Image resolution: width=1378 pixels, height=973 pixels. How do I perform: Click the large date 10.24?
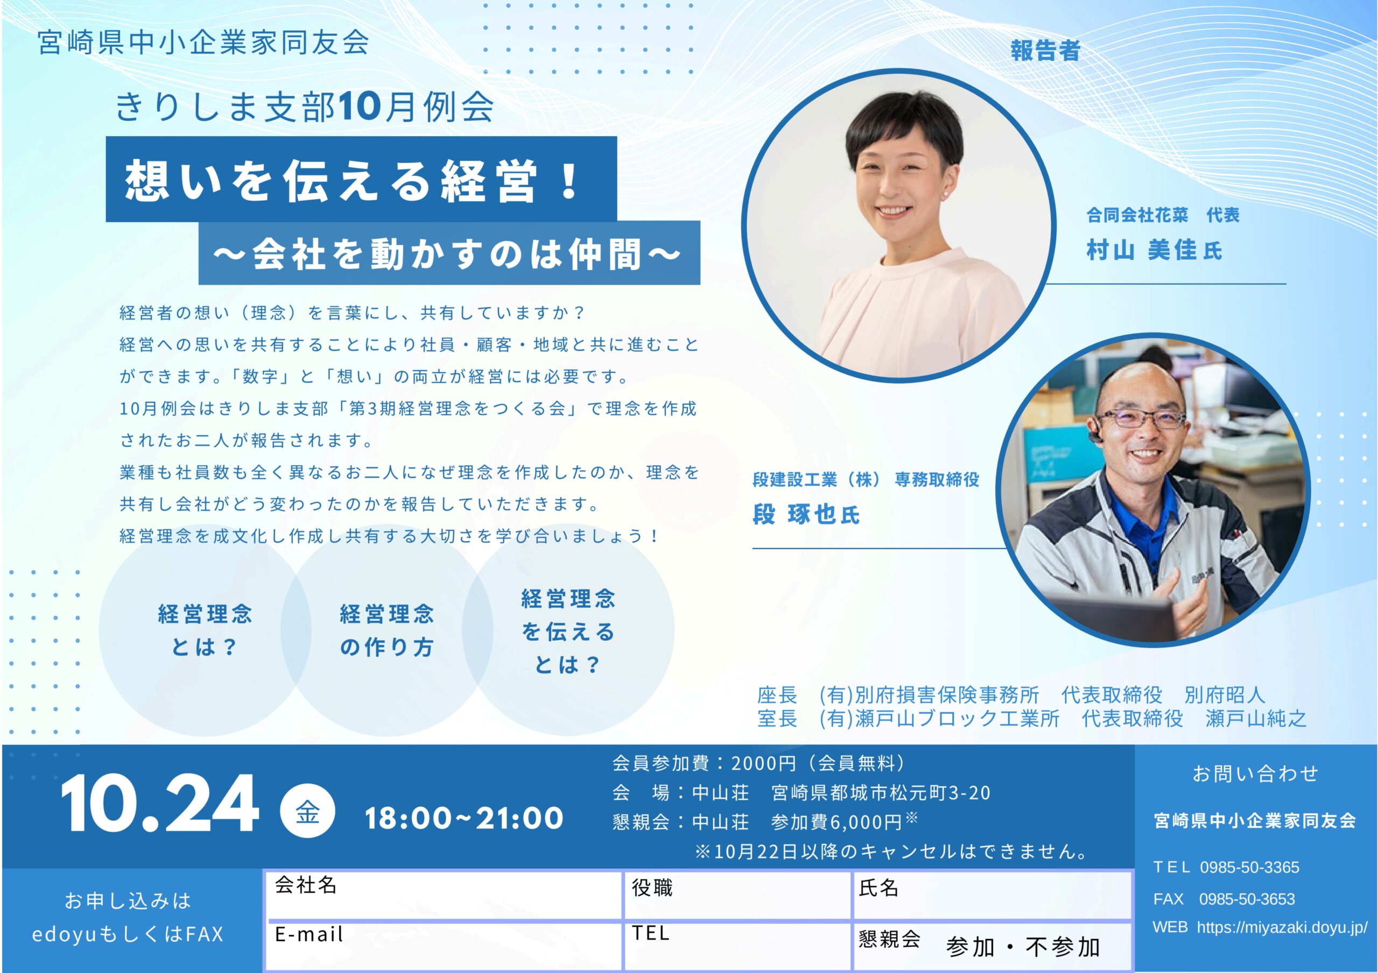(x=160, y=804)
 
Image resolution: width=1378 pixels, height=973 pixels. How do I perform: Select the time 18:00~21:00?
(x=464, y=818)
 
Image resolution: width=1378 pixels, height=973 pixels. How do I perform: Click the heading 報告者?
(x=1045, y=51)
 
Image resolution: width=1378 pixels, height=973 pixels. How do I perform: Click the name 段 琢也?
(x=795, y=515)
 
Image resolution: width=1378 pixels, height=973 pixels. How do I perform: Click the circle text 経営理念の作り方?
(x=386, y=631)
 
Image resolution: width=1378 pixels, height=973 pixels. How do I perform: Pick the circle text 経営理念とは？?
(x=205, y=631)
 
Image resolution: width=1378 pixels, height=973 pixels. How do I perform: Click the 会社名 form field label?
(x=306, y=885)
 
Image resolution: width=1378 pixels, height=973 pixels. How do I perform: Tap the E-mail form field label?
(x=309, y=934)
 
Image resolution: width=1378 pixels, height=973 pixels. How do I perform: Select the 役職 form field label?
(x=652, y=888)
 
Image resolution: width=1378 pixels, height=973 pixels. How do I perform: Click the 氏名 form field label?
(x=878, y=888)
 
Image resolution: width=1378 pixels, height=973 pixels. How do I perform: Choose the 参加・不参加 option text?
(x=1023, y=948)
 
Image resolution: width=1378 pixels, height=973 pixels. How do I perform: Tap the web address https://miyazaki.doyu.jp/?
(x=1283, y=928)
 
